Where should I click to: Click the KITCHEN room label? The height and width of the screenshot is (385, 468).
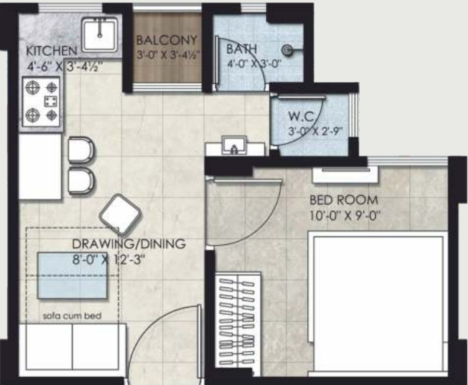pyautogui.click(x=51, y=51)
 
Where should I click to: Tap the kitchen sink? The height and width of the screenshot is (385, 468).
pyautogui.click(x=100, y=34)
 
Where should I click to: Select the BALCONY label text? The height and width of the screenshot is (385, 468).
pyautogui.click(x=166, y=40)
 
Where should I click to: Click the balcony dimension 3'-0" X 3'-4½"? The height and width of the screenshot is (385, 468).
pyautogui.click(x=167, y=54)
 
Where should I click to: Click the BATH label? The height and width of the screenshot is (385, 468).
pyautogui.click(x=241, y=49)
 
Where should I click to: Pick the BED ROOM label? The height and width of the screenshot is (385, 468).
pyautogui.click(x=344, y=200)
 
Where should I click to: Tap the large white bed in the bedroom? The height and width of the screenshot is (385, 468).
pyautogui.click(x=379, y=301)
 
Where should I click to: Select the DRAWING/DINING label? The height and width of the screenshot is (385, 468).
pyautogui.click(x=128, y=244)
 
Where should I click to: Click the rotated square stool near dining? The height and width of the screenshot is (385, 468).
pyautogui.click(x=121, y=214)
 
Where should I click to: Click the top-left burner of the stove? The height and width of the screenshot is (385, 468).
pyautogui.click(x=33, y=88)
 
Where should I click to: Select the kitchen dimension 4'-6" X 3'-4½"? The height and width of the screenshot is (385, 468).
pyautogui.click(x=65, y=66)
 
